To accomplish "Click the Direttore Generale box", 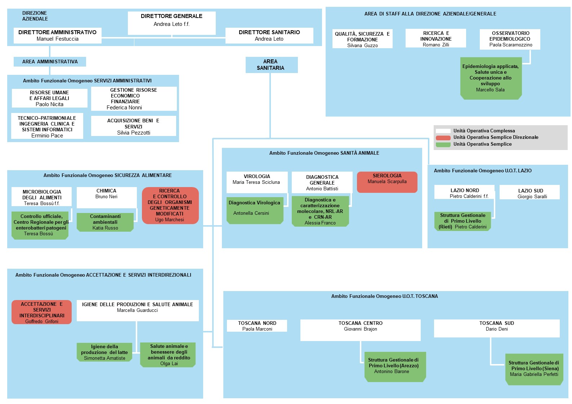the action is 171,23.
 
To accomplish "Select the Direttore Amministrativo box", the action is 58,36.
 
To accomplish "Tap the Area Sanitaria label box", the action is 272,65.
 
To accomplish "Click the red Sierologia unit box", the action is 387,182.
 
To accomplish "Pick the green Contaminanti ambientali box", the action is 105,222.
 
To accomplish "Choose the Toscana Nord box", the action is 257,326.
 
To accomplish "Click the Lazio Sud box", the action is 529,192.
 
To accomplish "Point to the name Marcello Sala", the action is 490,90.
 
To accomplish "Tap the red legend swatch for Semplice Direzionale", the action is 443,138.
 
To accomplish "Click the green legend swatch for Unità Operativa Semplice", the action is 443,145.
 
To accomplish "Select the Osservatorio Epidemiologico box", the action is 510,39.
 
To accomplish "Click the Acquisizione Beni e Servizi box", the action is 134,126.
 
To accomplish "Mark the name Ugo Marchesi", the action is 170,219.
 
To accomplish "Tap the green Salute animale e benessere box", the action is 168,355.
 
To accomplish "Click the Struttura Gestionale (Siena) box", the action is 534,369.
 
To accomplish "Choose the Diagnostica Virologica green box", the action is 255,210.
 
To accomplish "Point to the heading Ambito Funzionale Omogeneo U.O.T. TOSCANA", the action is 385,296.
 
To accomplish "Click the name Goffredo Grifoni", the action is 42,321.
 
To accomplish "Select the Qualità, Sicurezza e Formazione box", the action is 362,39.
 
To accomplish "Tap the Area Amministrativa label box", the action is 50,62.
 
